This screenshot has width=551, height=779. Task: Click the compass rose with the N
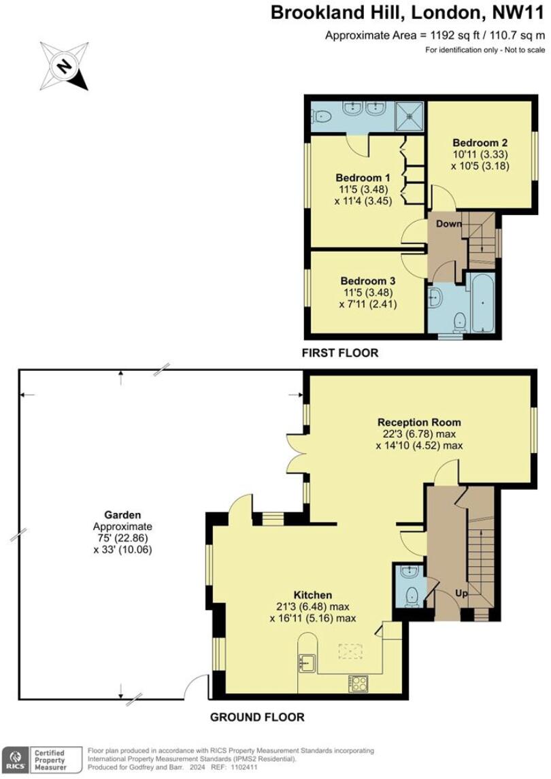tap(65, 66)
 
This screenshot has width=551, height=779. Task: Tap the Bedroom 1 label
tap(357, 177)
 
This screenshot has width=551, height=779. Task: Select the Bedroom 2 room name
tap(480, 143)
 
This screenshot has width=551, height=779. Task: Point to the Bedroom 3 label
tap(368, 280)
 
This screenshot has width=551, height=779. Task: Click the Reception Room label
tap(419, 422)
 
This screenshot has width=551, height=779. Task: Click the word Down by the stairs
tap(449, 224)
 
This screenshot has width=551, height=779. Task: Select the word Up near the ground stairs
tap(461, 593)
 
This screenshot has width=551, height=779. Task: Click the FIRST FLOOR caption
tap(341, 353)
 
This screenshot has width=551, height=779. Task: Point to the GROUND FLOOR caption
tap(256, 716)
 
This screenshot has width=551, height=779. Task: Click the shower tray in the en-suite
tap(410, 116)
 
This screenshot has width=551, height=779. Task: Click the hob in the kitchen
tap(358, 682)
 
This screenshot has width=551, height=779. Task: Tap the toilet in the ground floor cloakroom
tap(411, 597)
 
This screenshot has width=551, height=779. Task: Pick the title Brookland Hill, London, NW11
tap(408, 12)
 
